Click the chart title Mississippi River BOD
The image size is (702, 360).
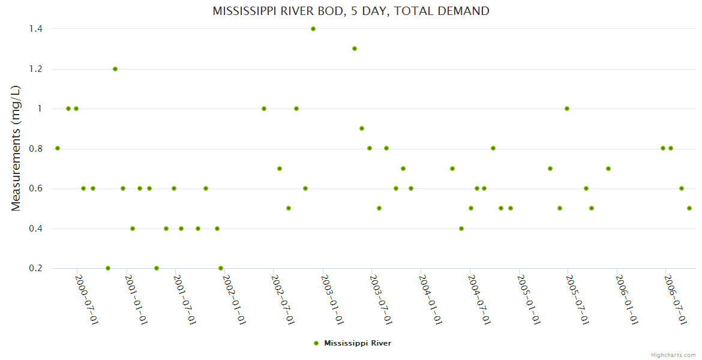tap(351, 11)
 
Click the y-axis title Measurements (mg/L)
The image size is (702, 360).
tap(16, 148)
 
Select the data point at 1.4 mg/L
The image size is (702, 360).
tap(313, 29)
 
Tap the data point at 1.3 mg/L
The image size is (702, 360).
tap(355, 49)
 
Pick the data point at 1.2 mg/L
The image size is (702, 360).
tap(115, 69)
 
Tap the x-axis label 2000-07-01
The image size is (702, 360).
tap(87, 299)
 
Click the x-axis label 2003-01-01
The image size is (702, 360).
tap(332, 299)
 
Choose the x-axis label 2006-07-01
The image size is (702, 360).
tap(675, 299)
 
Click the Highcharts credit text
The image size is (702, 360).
tap(674, 355)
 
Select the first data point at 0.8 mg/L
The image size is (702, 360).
tap(58, 148)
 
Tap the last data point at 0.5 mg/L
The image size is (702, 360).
tap(689, 208)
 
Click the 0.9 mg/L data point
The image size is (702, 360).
tap(362, 128)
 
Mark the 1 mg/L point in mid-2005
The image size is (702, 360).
tap(567, 109)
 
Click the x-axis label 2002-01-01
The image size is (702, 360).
tap(234, 299)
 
